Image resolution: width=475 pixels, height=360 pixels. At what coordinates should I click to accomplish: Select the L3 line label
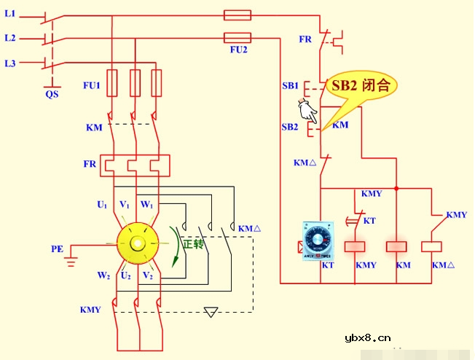click(10, 64)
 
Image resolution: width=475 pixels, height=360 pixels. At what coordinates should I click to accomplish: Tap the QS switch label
click(51, 93)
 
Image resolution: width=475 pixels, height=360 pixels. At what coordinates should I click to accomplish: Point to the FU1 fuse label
click(91, 85)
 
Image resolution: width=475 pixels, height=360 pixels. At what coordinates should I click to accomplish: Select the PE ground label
click(57, 249)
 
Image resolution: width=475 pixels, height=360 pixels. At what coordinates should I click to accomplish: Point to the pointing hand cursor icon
click(307, 111)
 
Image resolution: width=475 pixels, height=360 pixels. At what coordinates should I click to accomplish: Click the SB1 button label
click(290, 86)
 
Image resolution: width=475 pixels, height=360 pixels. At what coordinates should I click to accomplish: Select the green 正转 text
click(193, 244)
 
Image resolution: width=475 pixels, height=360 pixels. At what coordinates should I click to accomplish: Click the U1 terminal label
click(103, 205)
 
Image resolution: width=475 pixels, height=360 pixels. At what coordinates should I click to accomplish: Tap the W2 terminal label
click(103, 275)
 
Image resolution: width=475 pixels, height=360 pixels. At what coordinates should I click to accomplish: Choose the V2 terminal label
click(148, 275)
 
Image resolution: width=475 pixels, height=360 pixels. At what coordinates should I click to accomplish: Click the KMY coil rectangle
click(354, 246)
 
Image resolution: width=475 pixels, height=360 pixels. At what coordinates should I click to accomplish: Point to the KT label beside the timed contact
click(369, 220)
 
